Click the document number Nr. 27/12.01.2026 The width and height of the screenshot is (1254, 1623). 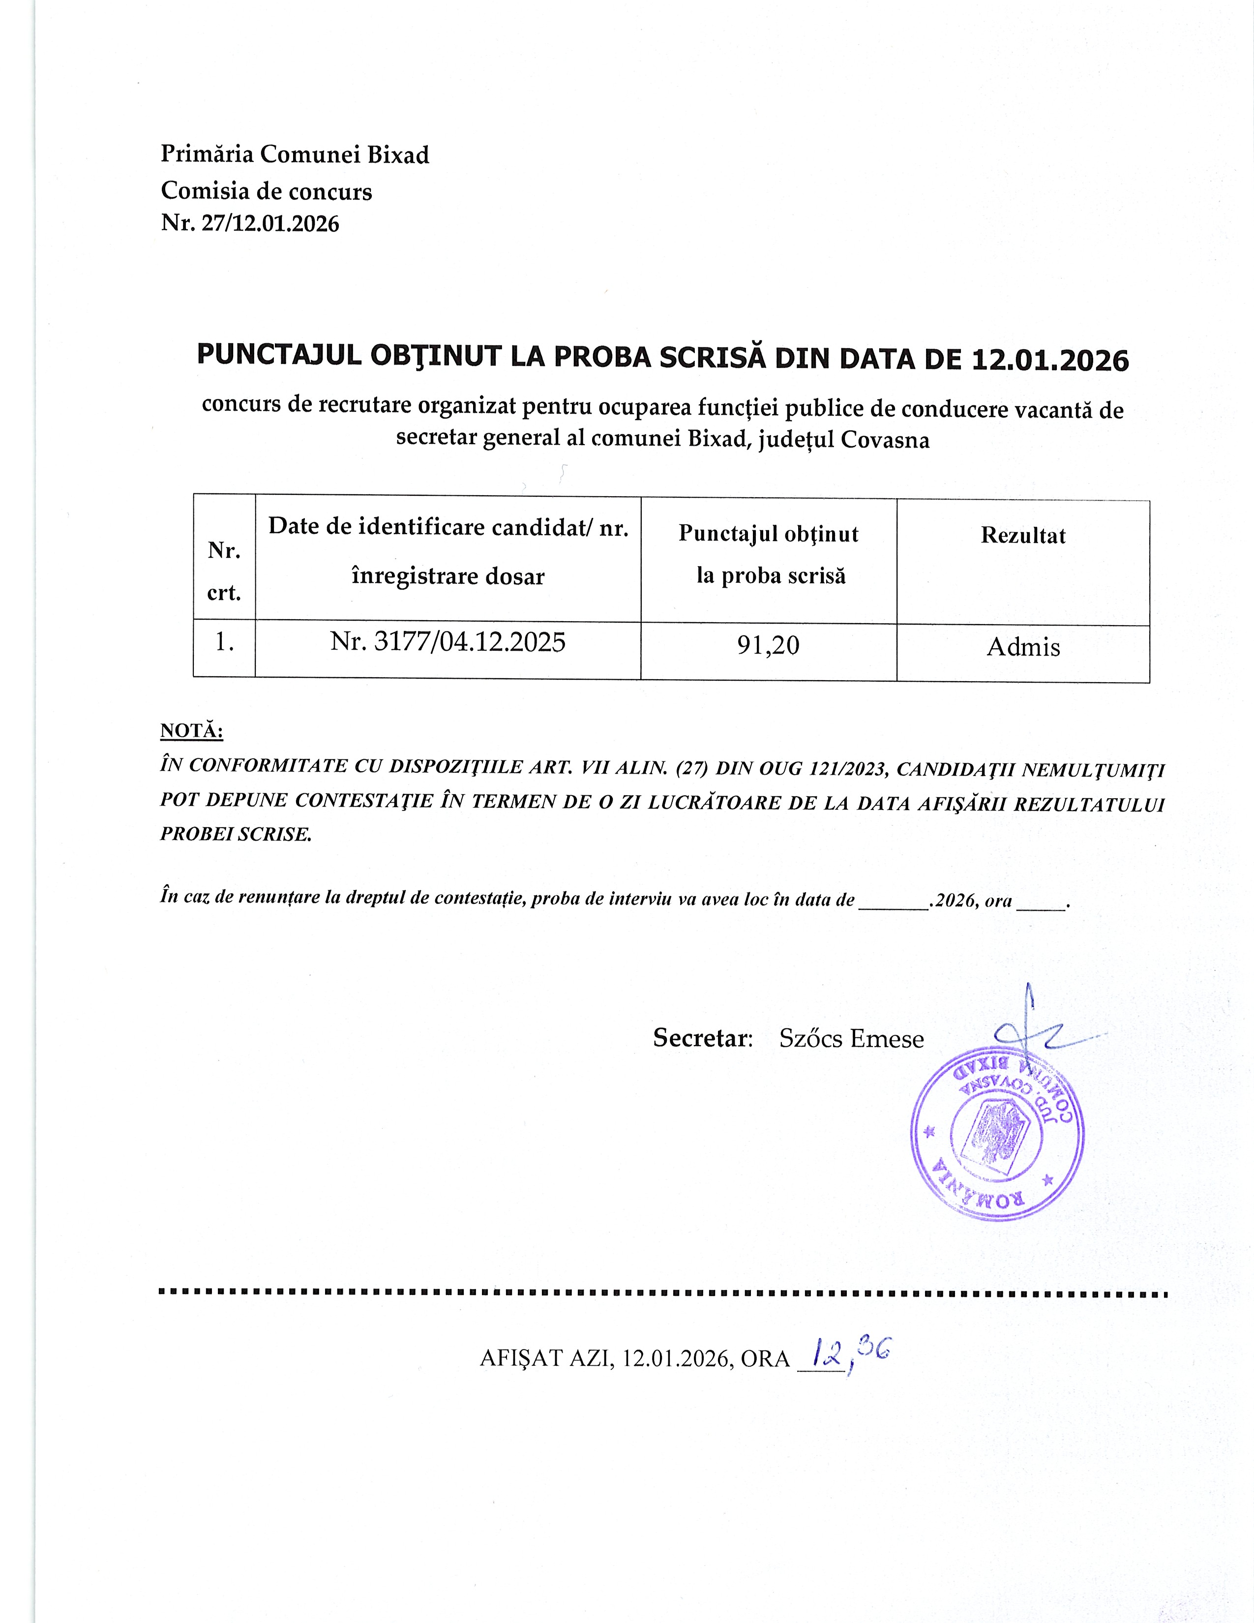tap(250, 224)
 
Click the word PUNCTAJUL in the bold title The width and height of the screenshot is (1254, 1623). tap(278, 356)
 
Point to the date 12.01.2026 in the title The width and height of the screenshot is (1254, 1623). tap(1050, 361)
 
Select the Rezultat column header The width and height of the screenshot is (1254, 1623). tap(1023, 536)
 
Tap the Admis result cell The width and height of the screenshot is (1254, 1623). tap(1023, 647)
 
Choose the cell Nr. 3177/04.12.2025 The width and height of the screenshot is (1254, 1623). tap(448, 642)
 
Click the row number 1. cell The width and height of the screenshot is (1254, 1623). tap(224, 641)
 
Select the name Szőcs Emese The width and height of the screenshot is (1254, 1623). tap(851, 1039)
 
